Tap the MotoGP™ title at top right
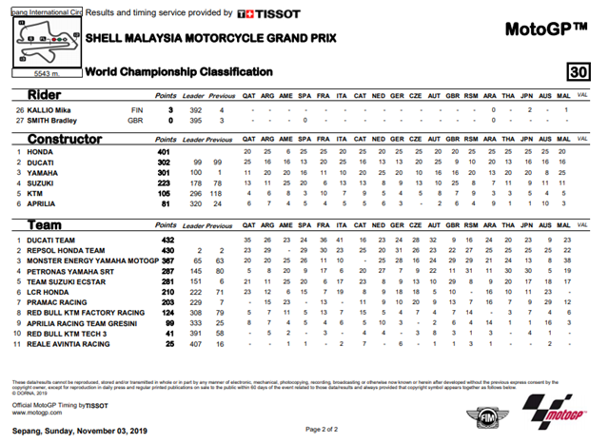pyautogui.click(x=540, y=29)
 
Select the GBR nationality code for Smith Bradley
pyautogui.click(x=134, y=122)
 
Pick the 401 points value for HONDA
pyautogui.click(x=163, y=152)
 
